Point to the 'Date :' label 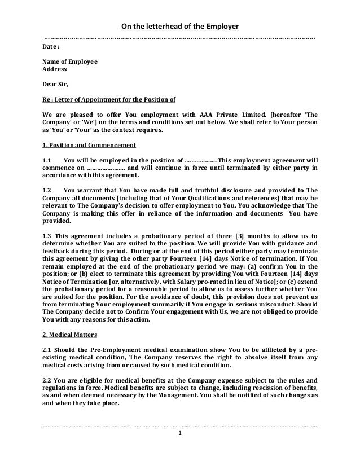tap(52, 47)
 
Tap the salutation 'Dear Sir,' tap(55, 86)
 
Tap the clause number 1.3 tap(48, 237)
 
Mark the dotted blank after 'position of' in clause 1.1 tap(200, 160)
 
